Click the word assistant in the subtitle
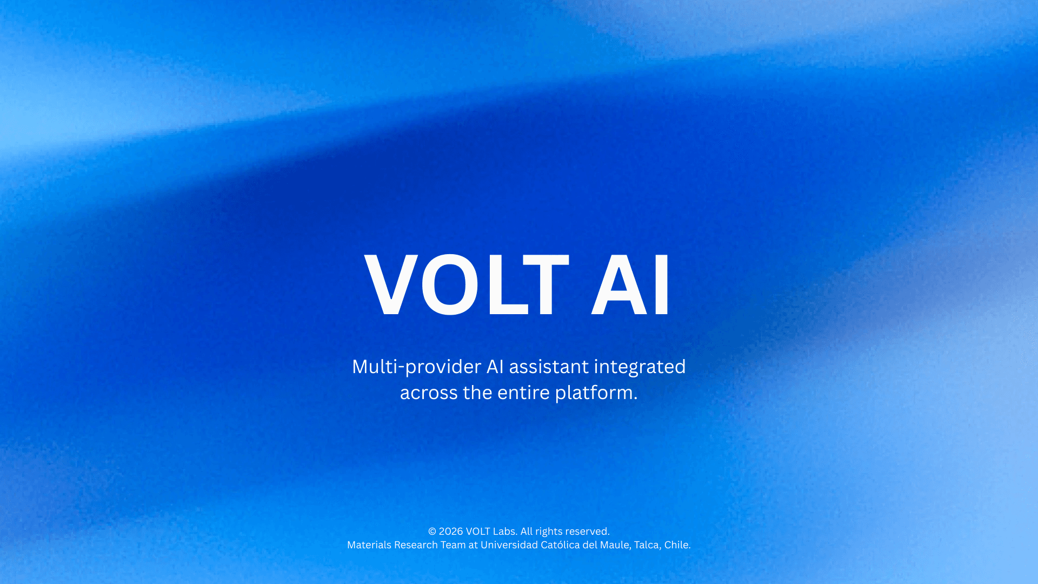549,367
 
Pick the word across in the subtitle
428,393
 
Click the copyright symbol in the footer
432,532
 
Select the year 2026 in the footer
450,532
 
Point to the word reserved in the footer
587,532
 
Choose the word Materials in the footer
369,545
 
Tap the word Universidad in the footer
509,545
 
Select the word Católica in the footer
560,545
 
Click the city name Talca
647,545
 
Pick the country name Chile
677,545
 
